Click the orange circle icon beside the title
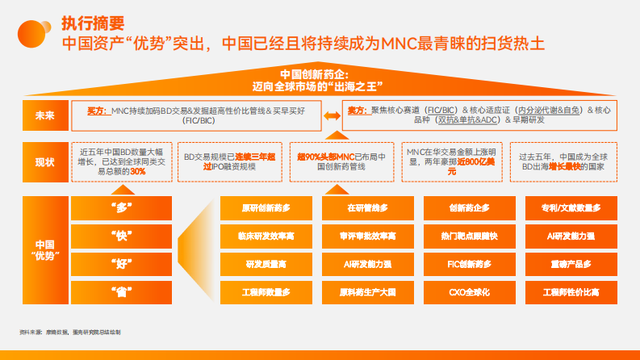27,31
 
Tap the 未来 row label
44,115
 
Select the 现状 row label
44,161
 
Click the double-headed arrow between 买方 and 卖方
332,116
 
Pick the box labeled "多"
121,207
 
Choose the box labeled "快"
121,235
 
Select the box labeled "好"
121,263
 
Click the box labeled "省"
121,291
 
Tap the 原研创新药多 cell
266,208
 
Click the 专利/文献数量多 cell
571,208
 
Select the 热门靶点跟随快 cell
469,236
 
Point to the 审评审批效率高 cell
367,236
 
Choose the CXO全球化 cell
469,291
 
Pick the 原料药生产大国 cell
367,291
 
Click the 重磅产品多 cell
571,264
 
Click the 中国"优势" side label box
44,249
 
